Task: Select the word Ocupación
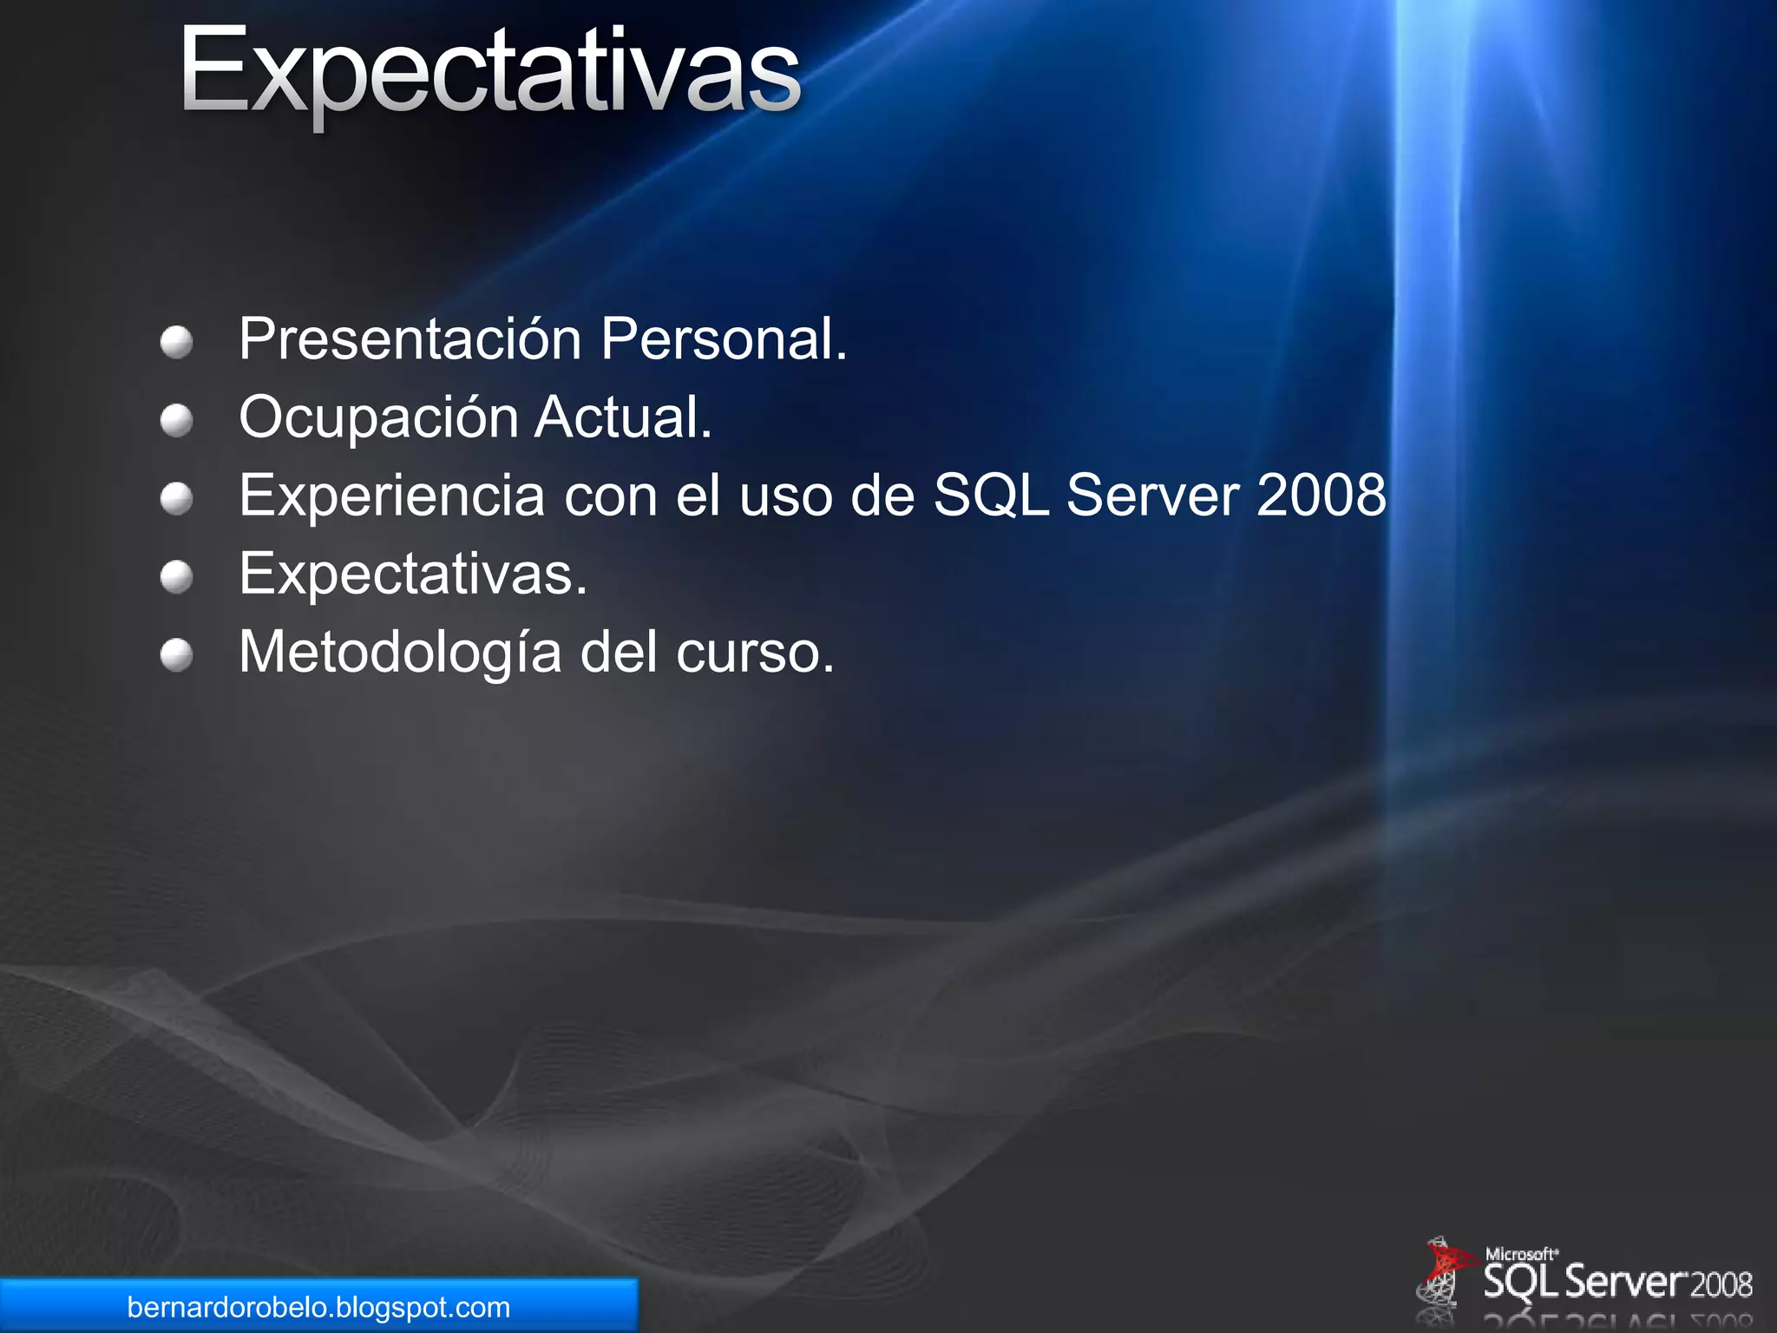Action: point(378,418)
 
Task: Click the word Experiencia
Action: point(392,496)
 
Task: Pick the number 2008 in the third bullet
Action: point(1321,496)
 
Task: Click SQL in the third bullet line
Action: point(990,496)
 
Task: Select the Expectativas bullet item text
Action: point(413,575)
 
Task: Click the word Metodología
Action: point(400,653)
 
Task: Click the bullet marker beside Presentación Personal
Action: point(177,342)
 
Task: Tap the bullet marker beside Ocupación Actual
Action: point(177,421)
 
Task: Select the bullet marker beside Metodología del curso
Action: point(177,655)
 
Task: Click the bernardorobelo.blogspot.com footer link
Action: point(318,1307)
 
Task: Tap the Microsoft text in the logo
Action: point(1520,1254)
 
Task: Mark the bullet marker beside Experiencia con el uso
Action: point(177,499)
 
